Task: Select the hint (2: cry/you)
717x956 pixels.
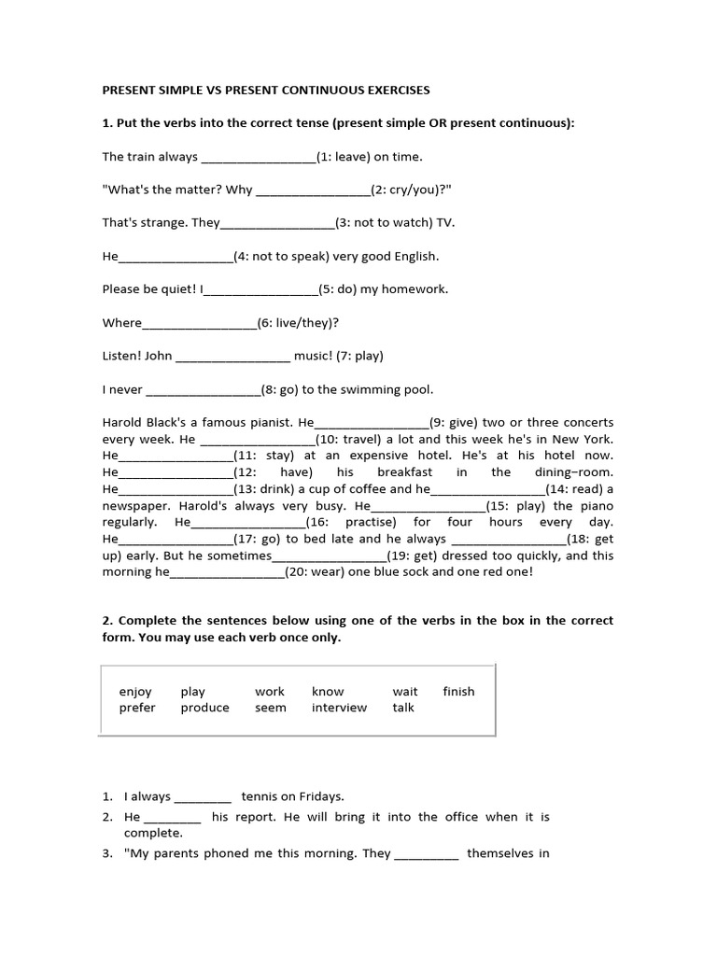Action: click(x=409, y=190)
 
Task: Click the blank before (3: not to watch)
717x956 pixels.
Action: click(x=277, y=224)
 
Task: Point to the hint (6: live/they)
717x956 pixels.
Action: click(x=295, y=323)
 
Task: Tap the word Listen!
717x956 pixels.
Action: click(x=121, y=356)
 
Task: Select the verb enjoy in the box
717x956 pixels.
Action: click(x=135, y=692)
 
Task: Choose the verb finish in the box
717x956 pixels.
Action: click(x=458, y=692)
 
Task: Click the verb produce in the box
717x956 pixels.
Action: click(x=204, y=708)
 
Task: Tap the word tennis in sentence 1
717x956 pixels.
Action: click(x=260, y=796)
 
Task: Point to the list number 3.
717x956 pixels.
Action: click(x=106, y=852)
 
